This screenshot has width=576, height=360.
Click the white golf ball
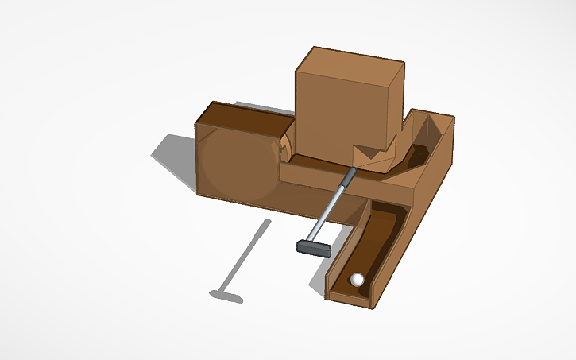click(x=358, y=279)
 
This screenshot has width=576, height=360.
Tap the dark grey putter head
click(x=313, y=249)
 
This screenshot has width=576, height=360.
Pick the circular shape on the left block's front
click(x=235, y=163)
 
